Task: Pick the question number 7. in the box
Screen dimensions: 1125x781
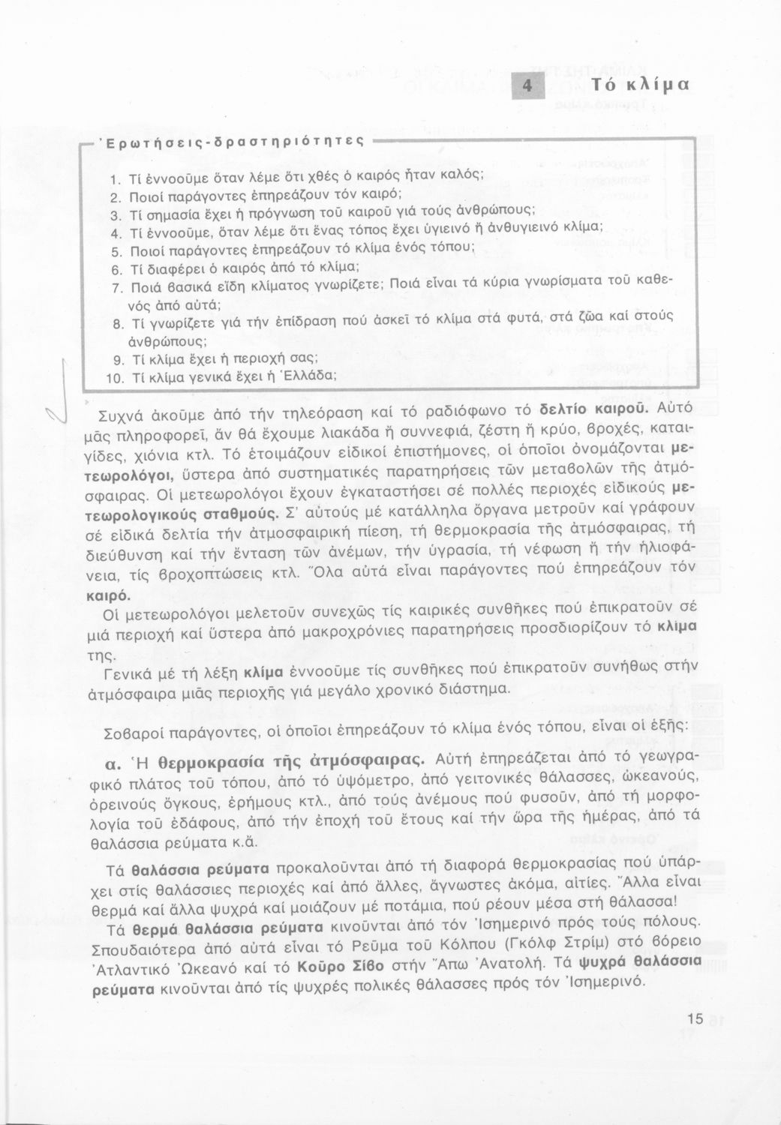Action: (x=116, y=286)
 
